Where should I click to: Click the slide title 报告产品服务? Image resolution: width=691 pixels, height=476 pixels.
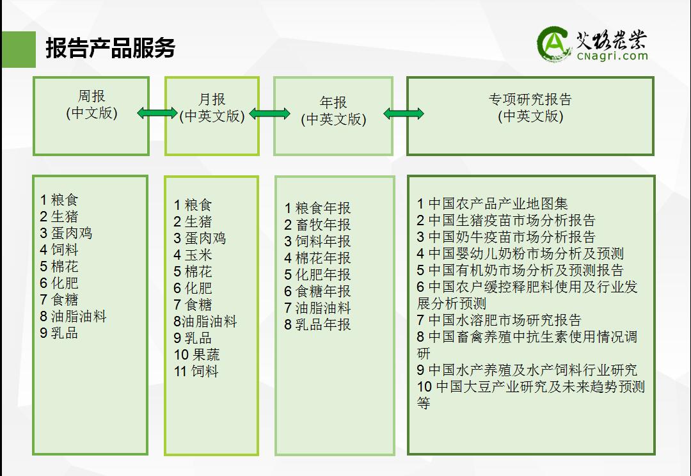coord(110,48)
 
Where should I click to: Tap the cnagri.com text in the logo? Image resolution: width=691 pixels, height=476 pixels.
coord(612,56)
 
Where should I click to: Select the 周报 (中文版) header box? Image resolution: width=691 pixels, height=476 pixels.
coord(91,116)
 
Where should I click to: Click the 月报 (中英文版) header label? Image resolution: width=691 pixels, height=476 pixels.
coord(212,107)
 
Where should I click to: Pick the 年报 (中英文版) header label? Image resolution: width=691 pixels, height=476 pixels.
coord(333,111)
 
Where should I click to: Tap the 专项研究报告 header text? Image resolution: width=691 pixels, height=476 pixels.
coord(530,99)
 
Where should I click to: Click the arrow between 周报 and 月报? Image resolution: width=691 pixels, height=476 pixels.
coord(157,113)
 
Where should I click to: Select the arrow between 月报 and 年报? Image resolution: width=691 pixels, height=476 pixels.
coord(270,114)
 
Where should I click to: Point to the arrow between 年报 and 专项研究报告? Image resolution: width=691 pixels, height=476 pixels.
coord(404,114)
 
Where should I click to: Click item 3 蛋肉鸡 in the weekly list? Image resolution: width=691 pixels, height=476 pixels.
coord(66,233)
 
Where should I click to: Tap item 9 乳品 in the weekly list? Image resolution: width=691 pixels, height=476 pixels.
coord(59,333)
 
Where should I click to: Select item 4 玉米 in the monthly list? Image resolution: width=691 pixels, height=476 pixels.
coord(193,255)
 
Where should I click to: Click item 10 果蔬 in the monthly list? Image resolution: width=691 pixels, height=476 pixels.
coord(196,355)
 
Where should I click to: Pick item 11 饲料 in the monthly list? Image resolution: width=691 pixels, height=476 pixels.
coord(196,371)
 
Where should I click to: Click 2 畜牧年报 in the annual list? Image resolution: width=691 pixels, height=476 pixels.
coord(317,225)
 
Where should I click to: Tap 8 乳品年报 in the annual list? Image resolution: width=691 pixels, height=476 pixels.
coord(317,325)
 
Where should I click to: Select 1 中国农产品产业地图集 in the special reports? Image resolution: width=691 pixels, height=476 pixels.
coord(492,203)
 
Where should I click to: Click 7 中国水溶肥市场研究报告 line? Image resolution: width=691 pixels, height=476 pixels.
coord(499,320)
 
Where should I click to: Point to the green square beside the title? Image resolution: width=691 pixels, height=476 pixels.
coord(19,49)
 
